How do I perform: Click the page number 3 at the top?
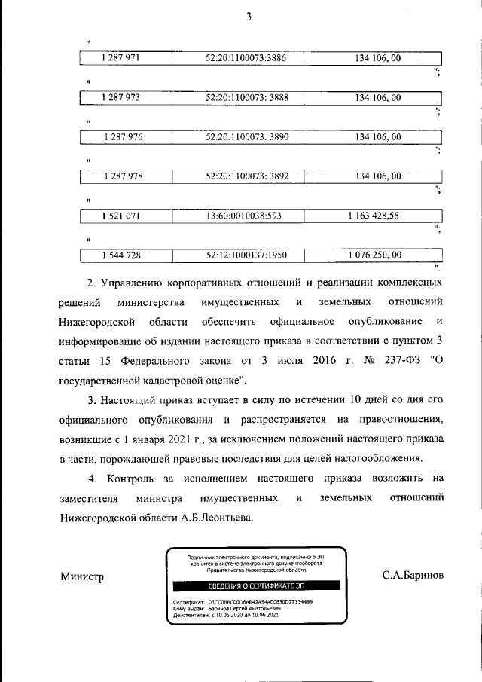[248, 16]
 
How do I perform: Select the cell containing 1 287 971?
[120, 58]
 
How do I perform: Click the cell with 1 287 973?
[120, 97]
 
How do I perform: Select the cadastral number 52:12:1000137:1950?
[246, 255]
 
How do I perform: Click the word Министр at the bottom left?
[81, 576]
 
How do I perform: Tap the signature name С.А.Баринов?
[413, 575]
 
